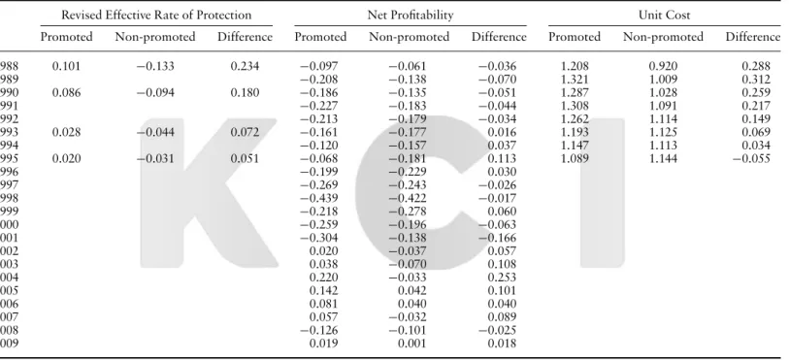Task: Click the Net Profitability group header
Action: (x=411, y=16)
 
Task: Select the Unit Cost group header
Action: (x=664, y=16)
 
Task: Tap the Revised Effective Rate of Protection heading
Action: (x=156, y=16)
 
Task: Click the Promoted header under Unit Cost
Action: (x=575, y=37)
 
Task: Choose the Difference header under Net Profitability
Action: (x=499, y=37)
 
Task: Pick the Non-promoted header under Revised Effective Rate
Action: (x=155, y=37)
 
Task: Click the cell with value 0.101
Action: (x=66, y=66)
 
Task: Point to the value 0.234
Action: (x=246, y=66)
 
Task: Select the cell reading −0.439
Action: (x=319, y=198)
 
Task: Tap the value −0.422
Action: (x=407, y=198)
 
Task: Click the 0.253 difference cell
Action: (x=502, y=278)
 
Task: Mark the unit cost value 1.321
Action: (x=575, y=80)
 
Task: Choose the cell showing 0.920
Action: (x=663, y=66)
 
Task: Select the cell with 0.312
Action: (x=756, y=80)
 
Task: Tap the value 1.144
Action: (x=663, y=158)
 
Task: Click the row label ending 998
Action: (x=9, y=198)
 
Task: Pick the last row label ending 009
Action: (x=9, y=343)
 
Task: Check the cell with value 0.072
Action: (x=246, y=132)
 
